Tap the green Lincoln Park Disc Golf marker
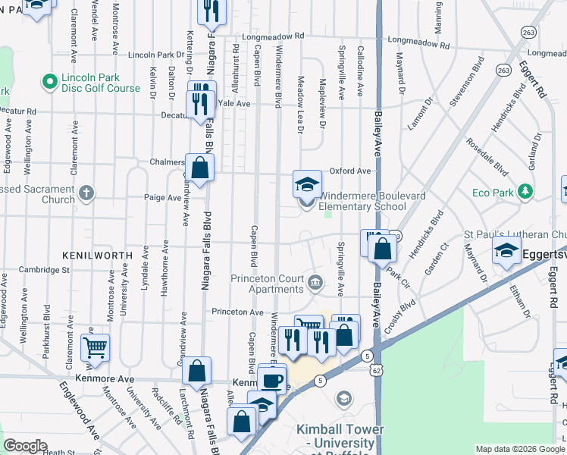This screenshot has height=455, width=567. click(50, 80)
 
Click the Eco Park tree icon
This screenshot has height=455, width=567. click(524, 193)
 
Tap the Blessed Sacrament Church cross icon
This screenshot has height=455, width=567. click(86, 193)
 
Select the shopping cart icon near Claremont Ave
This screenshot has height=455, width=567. click(95, 348)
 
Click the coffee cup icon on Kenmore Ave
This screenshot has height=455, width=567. click(272, 379)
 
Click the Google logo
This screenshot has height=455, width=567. click(25, 446)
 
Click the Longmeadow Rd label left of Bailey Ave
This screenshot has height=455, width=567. click(274, 36)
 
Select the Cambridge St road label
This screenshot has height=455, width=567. click(44, 269)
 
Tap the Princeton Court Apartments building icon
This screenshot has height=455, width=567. click(315, 284)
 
